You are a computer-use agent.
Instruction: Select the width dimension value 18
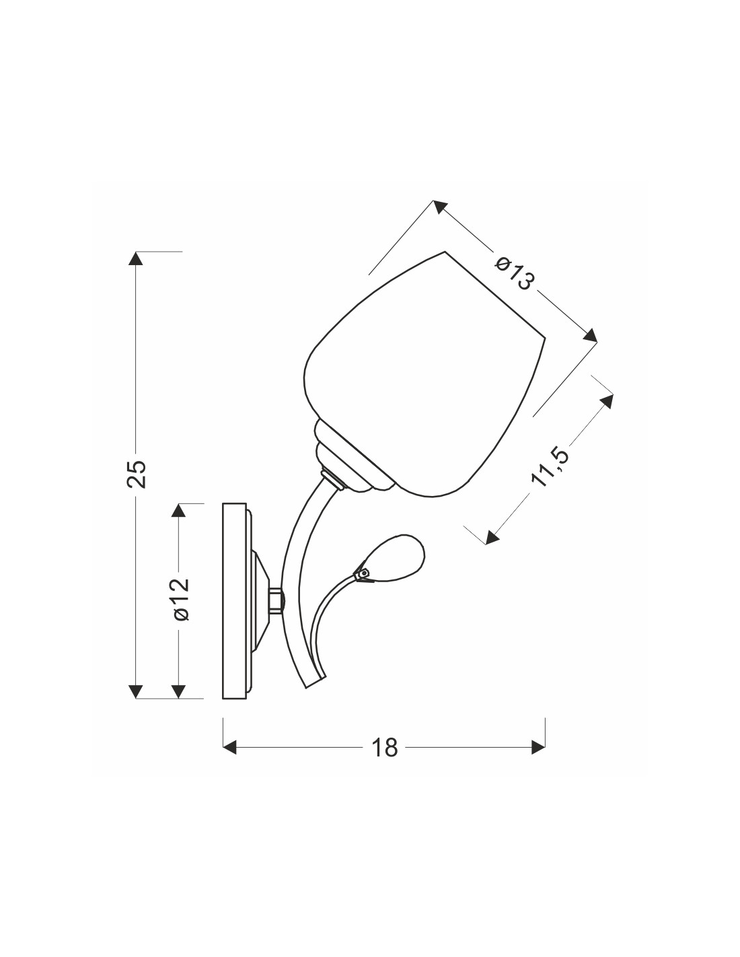[385, 747]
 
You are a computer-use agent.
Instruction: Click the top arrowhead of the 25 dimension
[137, 258]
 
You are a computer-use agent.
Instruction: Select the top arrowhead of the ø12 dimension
[178, 511]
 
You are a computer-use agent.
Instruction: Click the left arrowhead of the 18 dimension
[230, 748]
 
